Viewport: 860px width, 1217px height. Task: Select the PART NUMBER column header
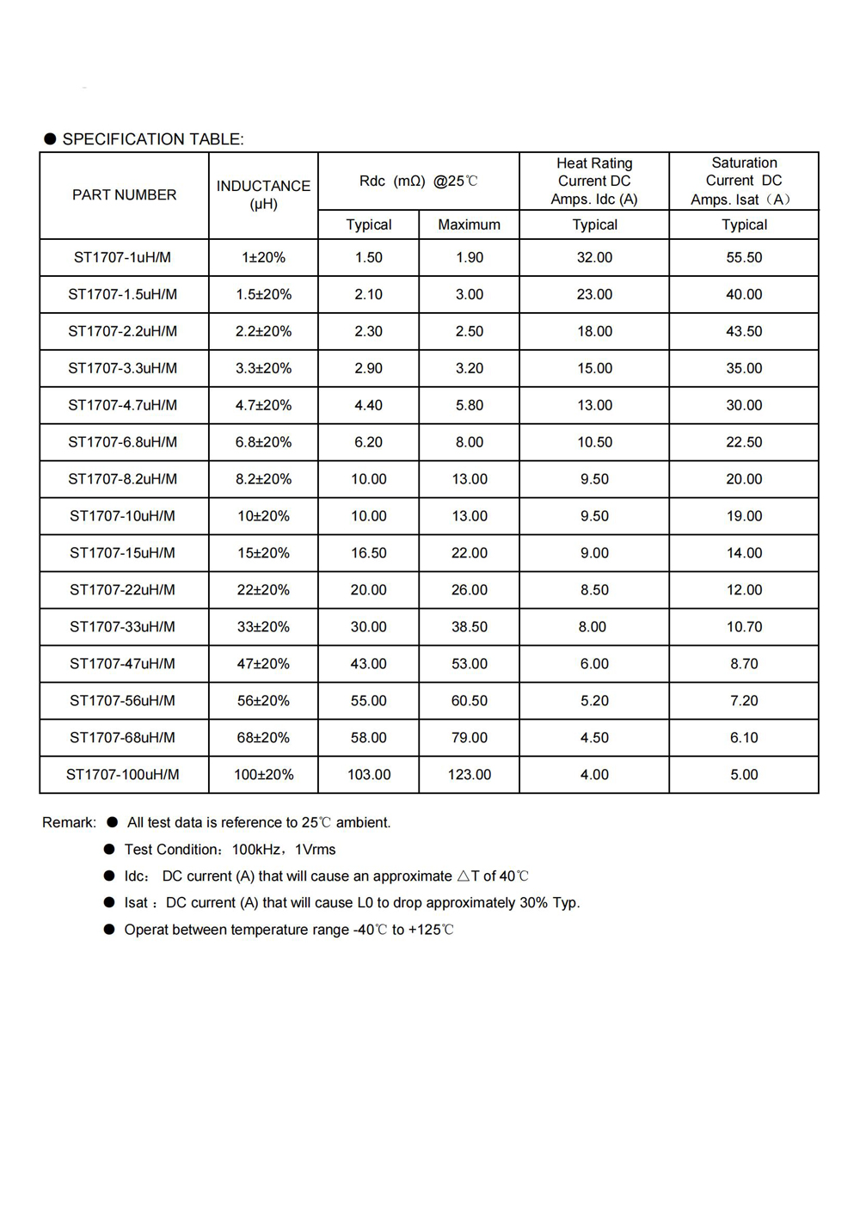click(x=124, y=195)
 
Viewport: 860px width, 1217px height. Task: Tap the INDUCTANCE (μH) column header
click(x=263, y=195)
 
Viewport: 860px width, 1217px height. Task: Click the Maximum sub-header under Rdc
click(x=469, y=224)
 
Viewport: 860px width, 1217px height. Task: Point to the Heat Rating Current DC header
click(x=594, y=181)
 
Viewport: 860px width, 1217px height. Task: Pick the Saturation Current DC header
click(x=744, y=181)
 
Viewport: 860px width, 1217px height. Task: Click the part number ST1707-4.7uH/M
click(x=123, y=405)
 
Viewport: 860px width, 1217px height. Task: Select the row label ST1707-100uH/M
click(x=123, y=775)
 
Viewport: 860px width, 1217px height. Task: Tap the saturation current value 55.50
click(x=744, y=257)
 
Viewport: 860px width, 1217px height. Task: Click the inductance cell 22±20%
click(x=263, y=590)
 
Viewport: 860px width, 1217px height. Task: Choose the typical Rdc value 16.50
click(x=368, y=553)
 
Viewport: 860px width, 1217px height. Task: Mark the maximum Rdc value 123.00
click(x=469, y=775)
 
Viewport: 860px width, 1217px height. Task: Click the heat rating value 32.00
click(x=594, y=257)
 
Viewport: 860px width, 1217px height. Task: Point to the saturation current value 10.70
click(x=744, y=627)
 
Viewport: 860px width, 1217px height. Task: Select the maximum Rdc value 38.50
click(x=469, y=627)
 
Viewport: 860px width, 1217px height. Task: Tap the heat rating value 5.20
click(x=594, y=701)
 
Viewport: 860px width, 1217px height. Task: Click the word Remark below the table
click(x=68, y=823)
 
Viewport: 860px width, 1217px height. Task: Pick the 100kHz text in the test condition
click(x=255, y=850)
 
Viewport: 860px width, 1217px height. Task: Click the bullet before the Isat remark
click(x=109, y=902)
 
